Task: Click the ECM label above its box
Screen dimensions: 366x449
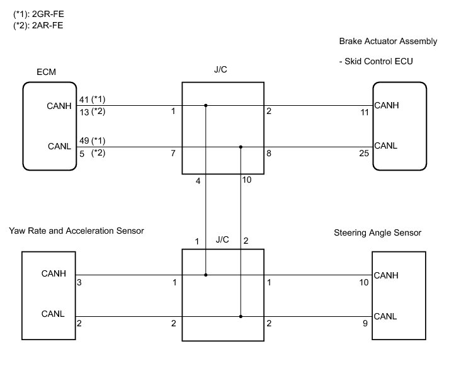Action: click(x=47, y=73)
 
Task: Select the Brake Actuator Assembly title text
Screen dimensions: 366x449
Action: click(x=387, y=41)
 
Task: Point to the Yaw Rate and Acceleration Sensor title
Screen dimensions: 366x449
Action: click(x=76, y=231)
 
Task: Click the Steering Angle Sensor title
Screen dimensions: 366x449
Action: click(x=377, y=233)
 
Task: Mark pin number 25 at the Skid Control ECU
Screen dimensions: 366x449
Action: click(x=363, y=152)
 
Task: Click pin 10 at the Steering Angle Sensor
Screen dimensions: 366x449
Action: click(x=364, y=283)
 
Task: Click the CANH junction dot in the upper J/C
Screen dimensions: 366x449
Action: click(x=205, y=106)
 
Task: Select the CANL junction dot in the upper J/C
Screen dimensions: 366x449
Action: click(x=241, y=147)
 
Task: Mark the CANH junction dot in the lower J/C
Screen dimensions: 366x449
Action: click(x=205, y=275)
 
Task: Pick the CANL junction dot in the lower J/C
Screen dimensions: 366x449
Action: click(x=241, y=316)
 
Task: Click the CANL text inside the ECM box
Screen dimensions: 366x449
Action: click(x=58, y=147)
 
